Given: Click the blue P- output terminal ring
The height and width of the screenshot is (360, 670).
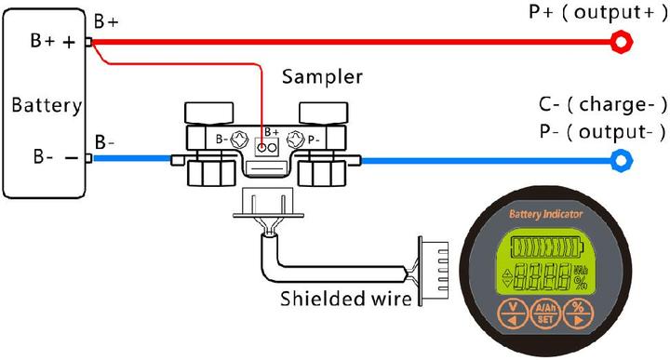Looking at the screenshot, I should point(618,161).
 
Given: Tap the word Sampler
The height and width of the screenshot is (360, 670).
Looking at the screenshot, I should point(322,76).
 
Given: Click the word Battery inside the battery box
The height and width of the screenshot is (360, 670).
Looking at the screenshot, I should point(46,105).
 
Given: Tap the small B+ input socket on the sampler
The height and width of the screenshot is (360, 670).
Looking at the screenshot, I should point(270,147).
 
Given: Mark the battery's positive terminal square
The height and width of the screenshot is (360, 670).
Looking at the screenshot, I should point(88,42).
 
